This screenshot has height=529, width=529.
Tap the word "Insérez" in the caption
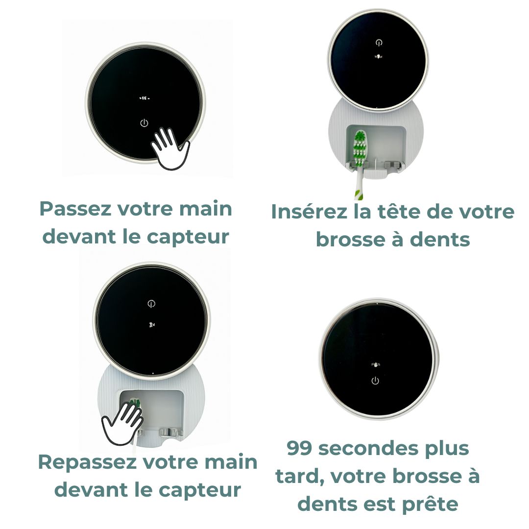(x=309, y=212)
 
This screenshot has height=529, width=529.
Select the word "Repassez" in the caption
(x=88, y=462)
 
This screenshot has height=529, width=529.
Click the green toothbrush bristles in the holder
(x=360, y=148)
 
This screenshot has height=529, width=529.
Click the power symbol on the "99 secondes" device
(x=375, y=381)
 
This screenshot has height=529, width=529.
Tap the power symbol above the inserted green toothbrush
(x=379, y=43)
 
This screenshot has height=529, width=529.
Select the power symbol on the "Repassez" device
(x=151, y=304)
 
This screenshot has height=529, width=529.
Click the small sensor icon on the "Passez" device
(x=144, y=98)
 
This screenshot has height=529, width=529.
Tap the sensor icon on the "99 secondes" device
(x=376, y=365)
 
